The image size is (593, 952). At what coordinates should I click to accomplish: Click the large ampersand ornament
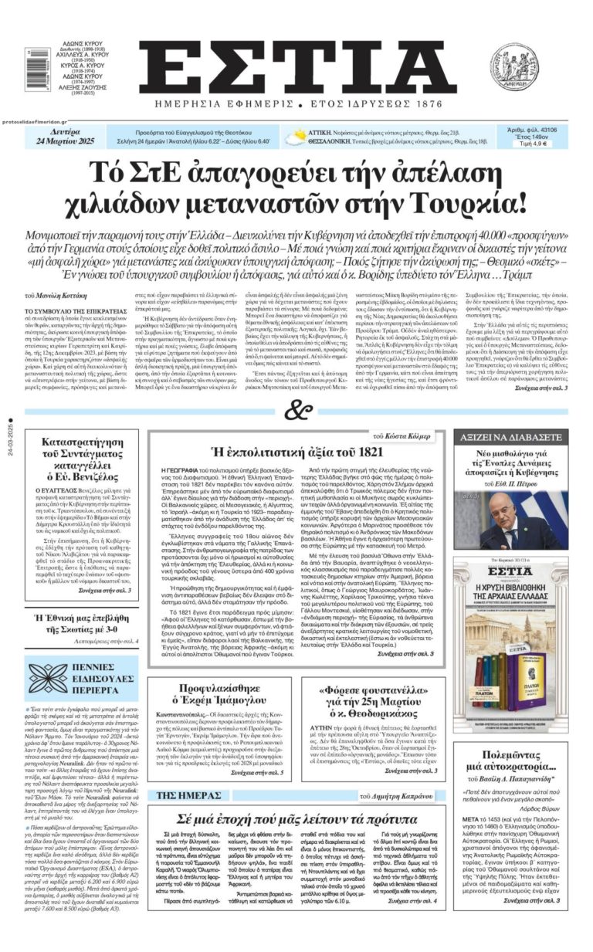[x=297, y=408]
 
